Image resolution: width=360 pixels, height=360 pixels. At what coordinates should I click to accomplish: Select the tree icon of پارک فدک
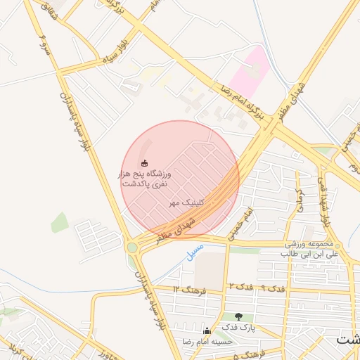point(239,316)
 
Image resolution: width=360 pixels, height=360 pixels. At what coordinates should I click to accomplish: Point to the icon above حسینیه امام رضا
point(206,330)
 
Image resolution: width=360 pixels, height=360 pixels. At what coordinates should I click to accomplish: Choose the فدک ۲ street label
point(240,287)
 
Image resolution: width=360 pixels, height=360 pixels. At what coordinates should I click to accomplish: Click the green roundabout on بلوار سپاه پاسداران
point(132,247)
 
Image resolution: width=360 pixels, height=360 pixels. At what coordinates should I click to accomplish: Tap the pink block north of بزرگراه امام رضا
point(250,71)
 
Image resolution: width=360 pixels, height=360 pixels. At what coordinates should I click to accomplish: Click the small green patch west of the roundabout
point(60,222)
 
